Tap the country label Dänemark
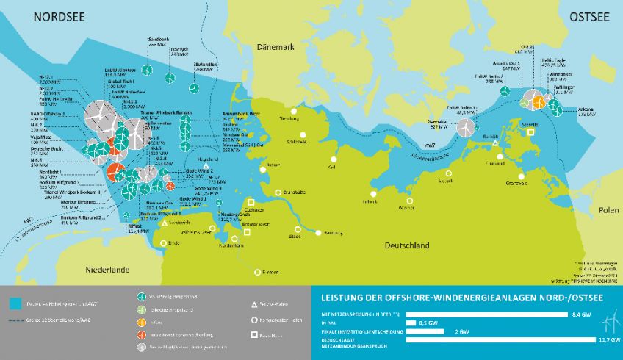(x=275, y=47)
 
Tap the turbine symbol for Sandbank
(x=147, y=71)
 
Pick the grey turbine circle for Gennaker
(x=464, y=127)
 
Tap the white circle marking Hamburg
(x=318, y=233)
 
